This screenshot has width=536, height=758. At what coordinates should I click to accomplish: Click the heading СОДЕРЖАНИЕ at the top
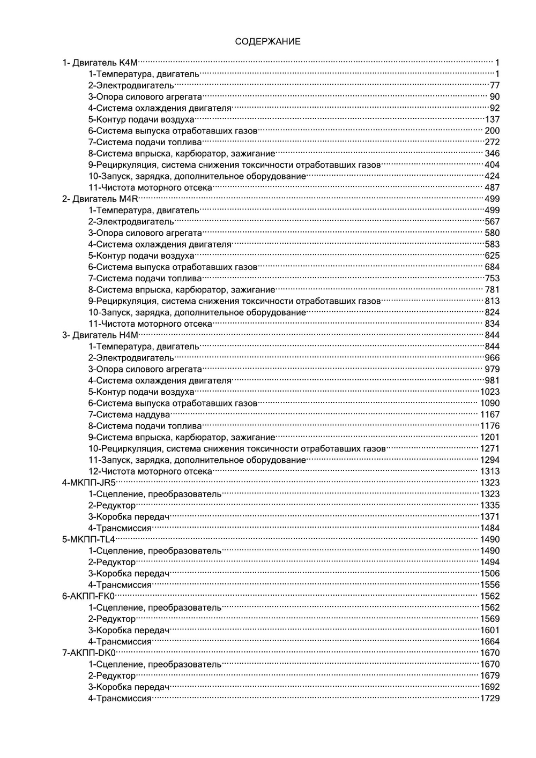[x=267, y=41]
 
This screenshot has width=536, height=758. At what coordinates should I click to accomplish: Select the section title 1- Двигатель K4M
[x=100, y=63]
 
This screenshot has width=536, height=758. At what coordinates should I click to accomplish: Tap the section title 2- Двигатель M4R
[x=100, y=199]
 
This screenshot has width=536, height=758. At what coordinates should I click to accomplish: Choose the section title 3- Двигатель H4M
[x=100, y=335]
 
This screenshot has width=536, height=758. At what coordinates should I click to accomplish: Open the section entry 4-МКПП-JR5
[x=89, y=483]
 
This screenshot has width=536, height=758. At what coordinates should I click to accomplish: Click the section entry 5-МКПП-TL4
[x=89, y=539]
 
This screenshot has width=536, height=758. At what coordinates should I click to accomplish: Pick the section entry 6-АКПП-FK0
[x=89, y=596]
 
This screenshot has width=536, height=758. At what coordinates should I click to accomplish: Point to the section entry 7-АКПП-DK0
[x=89, y=653]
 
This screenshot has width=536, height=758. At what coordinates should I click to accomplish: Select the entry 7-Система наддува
[x=129, y=415]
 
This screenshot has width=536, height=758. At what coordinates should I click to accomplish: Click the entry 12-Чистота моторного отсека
[x=150, y=471]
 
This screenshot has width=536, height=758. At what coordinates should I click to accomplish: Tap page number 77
[x=494, y=86]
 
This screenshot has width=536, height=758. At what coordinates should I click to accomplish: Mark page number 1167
[x=489, y=415]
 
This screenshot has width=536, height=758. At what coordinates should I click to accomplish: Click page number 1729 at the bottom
[x=489, y=699]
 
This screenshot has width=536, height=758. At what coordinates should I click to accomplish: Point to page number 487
[x=492, y=187]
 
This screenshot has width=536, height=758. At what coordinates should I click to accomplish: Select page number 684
[x=492, y=267]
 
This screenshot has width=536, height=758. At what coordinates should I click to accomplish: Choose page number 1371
[x=489, y=517]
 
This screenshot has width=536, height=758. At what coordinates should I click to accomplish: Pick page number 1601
[x=489, y=631]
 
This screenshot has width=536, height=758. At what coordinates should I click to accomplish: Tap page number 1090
[x=489, y=403]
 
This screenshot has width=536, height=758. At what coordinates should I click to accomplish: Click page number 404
[x=492, y=165]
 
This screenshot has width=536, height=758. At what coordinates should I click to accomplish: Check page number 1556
[x=489, y=585]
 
